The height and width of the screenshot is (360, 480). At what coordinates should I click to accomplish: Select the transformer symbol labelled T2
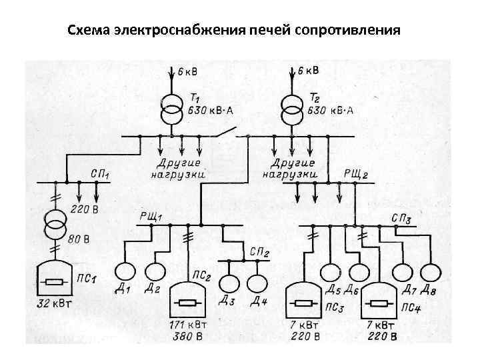(291, 109)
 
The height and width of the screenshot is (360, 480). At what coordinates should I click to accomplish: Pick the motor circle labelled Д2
(155, 271)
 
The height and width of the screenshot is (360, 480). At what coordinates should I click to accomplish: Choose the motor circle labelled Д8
(431, 272)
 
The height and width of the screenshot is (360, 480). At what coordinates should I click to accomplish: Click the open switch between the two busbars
(227, 131)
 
